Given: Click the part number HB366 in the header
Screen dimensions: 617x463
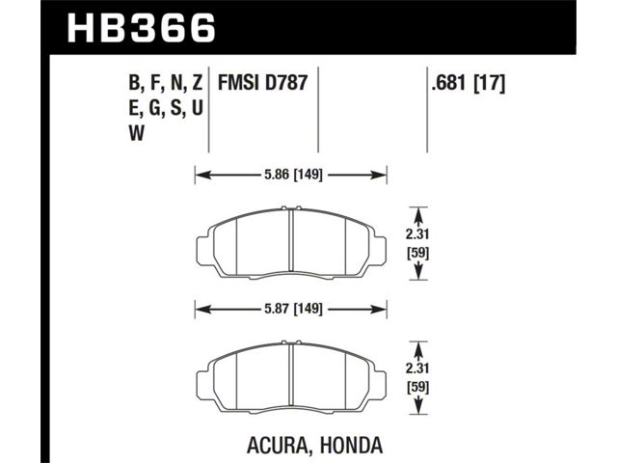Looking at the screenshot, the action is [142, 28].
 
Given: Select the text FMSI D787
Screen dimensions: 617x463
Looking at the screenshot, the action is [262, 83].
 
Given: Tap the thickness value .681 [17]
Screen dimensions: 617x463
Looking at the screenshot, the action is [468, 83].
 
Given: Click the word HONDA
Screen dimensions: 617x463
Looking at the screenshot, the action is [351, 445].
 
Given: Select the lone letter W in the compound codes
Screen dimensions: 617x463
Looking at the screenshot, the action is [137, 134].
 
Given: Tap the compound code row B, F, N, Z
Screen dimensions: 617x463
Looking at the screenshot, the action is [166, 84].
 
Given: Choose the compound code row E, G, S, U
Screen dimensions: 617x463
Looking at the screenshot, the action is [166, 109].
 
